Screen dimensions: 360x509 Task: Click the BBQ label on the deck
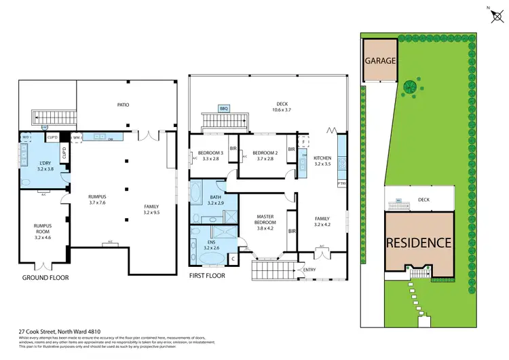[223, 108]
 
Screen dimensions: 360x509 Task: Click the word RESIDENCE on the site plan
[419, 242]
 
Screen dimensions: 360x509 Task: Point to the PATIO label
[123, 105]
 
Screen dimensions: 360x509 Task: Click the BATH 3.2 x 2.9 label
[215, 200]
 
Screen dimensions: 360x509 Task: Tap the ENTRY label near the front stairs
[309, 270]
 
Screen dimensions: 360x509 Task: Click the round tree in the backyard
[410, 86]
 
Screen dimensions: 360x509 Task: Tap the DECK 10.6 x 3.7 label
[280, 107]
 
